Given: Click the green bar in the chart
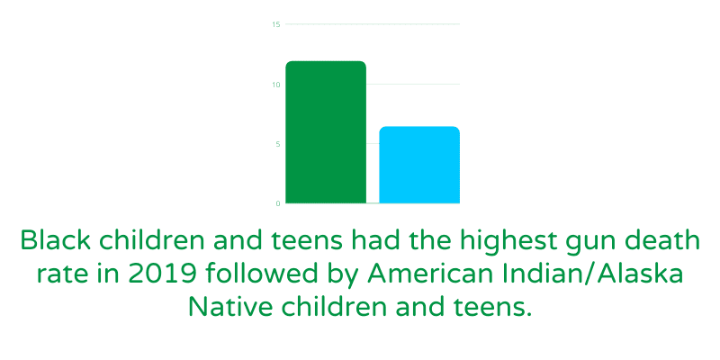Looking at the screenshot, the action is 326,131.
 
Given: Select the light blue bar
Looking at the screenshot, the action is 419,165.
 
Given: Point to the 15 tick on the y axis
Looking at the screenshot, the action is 276,24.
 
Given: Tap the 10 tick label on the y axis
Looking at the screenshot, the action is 276,85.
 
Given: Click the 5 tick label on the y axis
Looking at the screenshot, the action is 278,144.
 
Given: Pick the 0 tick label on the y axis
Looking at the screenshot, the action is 278,203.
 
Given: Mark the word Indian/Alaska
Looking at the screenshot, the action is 587,274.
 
